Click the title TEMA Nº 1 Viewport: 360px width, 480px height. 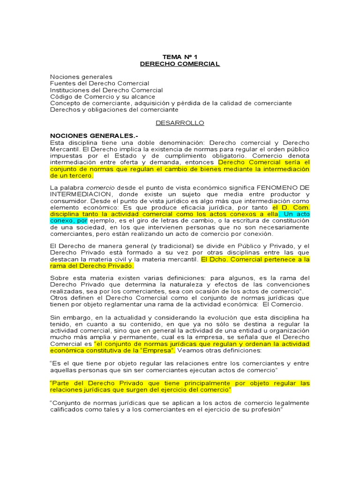180,57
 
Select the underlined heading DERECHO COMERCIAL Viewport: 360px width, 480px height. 180,64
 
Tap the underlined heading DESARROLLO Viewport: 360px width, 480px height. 180,123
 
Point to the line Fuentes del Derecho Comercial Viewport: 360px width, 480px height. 99,83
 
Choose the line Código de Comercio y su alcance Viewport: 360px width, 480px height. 103,97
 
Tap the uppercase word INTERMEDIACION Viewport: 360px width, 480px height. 78,194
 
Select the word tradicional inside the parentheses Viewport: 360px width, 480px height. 171,246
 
